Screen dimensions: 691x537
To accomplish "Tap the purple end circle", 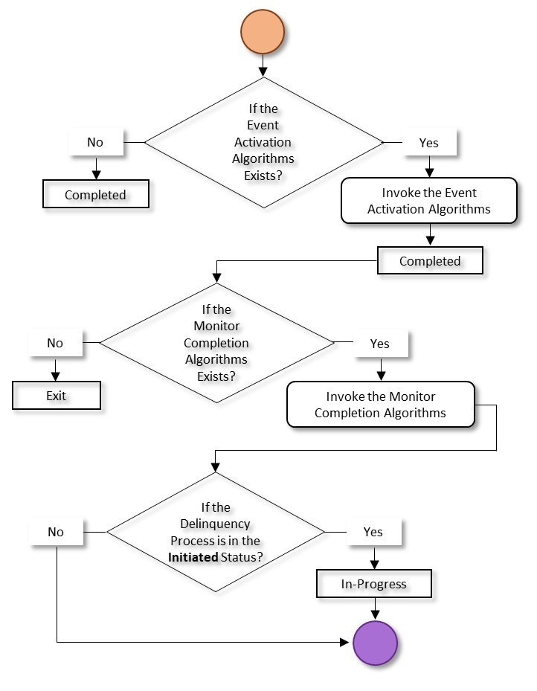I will tap(375, 642).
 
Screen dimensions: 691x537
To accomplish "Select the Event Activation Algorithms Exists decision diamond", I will tap(263, 141).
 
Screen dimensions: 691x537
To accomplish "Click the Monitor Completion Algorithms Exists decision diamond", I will tap(216, 343).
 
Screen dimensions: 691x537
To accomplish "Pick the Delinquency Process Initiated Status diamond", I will tap(216, 532).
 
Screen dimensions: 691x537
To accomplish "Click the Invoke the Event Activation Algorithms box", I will tap(428, 201).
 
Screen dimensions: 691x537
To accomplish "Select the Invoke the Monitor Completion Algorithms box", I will tap(380, 405).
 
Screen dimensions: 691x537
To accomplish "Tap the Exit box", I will tap(57, 396).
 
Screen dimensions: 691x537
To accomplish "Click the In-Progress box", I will tap(374, 584).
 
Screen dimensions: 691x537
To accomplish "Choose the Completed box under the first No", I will tap(95, 195).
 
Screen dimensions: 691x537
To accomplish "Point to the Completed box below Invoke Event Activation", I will tap(430, 261).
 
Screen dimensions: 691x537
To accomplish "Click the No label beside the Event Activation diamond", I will tap(95, 141).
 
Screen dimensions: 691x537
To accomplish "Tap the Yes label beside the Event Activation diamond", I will tap(429, 142).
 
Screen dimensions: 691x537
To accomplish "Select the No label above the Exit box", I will tap(55, 343).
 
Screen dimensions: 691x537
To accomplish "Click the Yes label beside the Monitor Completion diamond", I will tap(380, 344).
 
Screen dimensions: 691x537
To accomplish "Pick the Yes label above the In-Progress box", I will tap(373, 532).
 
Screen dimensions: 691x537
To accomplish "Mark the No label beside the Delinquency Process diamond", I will tap(56, 532).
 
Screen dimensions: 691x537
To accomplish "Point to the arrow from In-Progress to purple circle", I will tap(375, 609).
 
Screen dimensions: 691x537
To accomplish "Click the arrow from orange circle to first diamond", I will tap(263, 66).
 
